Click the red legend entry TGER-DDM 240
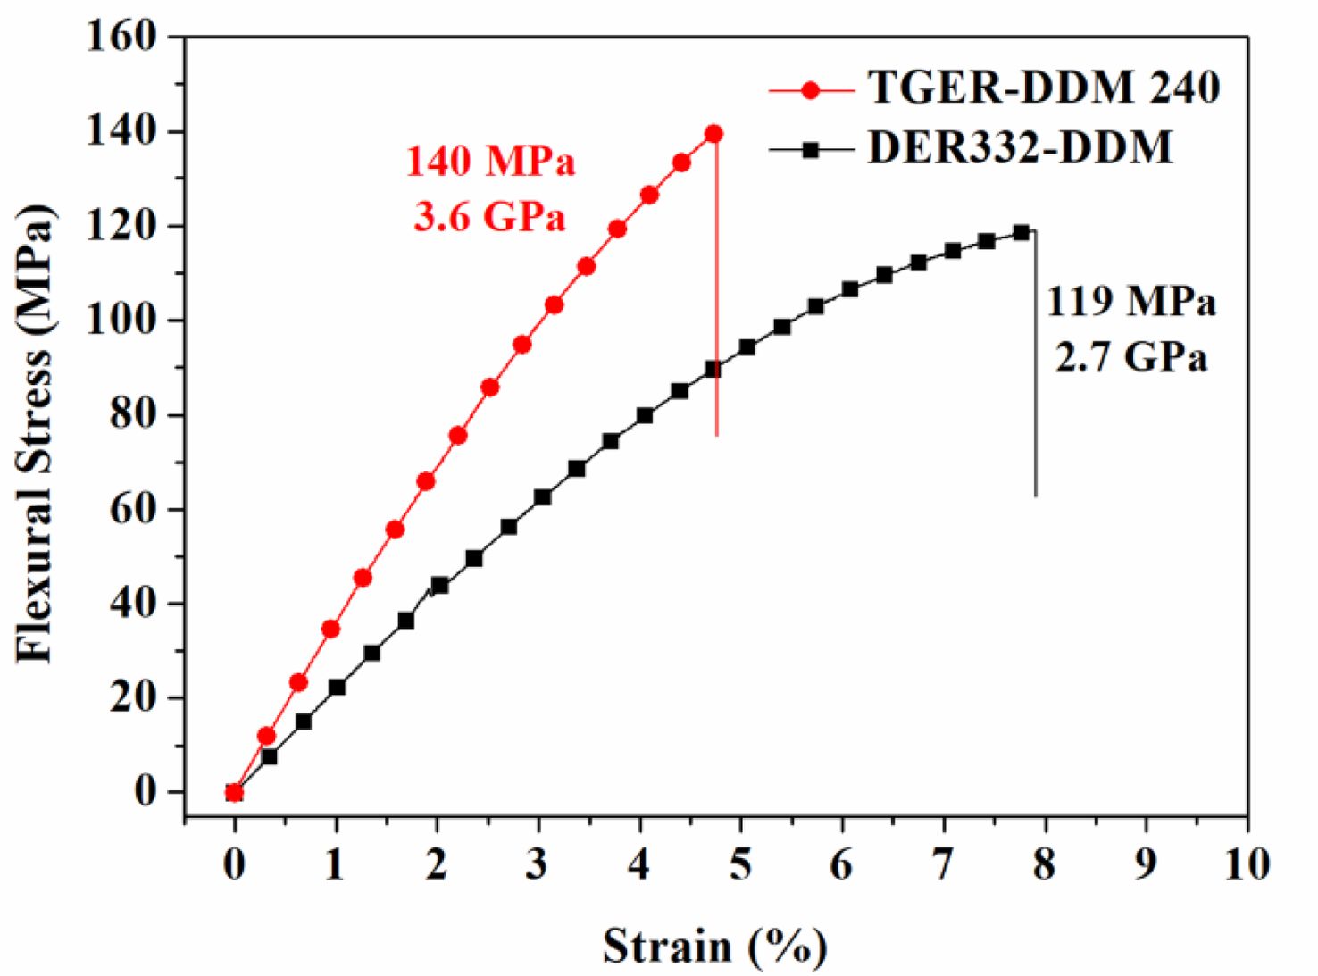click(1043, 88)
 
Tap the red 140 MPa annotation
click(490, 162)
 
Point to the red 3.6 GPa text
click(489, 216)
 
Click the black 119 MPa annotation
click(1130, 302)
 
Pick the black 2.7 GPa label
click(1130, 357)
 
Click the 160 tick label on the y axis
click(122, 37)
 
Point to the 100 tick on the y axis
click(122, 320)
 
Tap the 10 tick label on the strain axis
click(1247, 864)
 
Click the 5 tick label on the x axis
click(740, 864)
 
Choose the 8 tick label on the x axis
click(1044, 864)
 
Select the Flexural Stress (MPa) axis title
click(36, 433)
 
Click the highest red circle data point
click(713, 134)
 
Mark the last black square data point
click(1022, 232)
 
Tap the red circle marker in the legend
click(811, 90)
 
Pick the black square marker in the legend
click(811, 151)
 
